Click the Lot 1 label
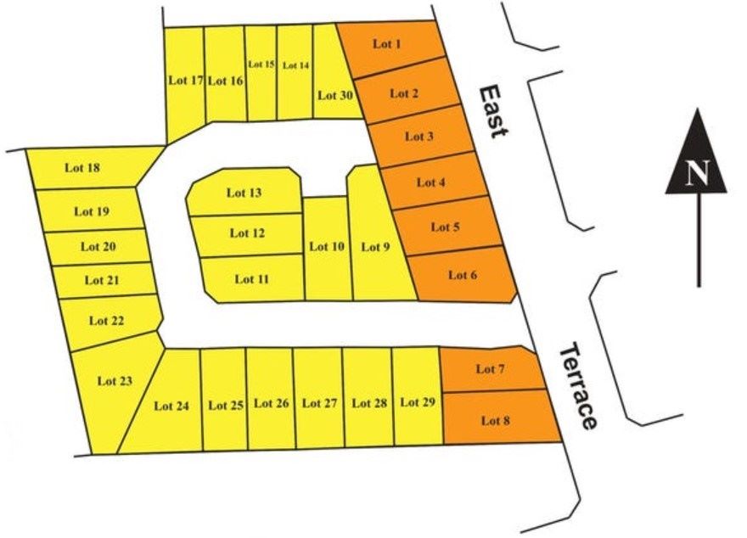[387, 43]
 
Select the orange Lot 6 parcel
[463, 275]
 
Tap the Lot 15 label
[261, 64]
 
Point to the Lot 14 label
[295, 65]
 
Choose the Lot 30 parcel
[334, 95]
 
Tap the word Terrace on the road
[578, 385]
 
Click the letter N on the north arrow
[697, 174]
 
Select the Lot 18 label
[82, 167]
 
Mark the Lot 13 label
[244, 193]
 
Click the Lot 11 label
[252, 278]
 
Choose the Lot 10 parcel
[327, 248]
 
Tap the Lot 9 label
[376, 247]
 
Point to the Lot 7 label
[491, 369]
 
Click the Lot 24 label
[171, 406]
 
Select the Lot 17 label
[186, 81]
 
